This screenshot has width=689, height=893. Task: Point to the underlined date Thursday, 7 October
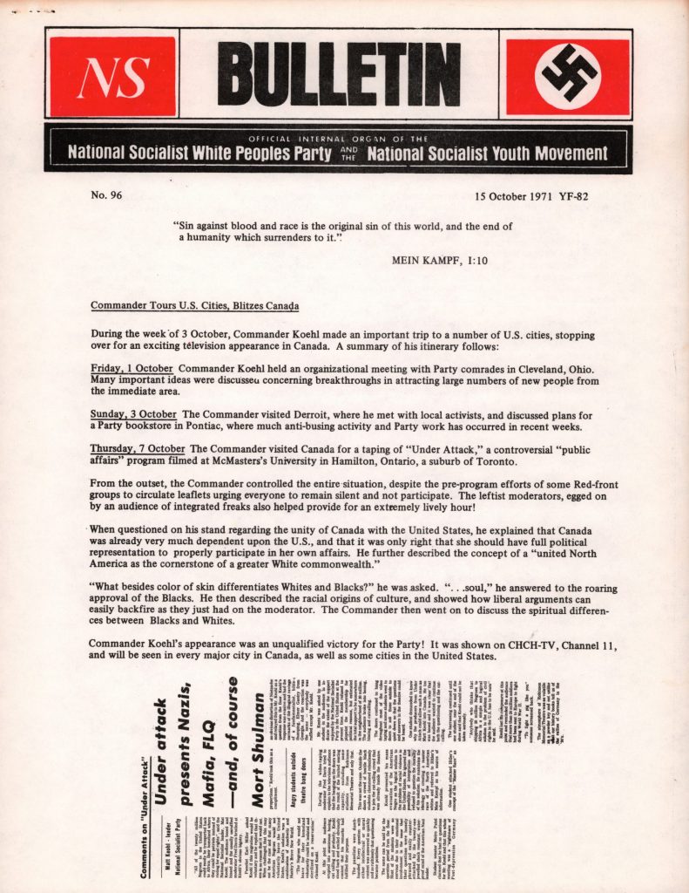(138, 448)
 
